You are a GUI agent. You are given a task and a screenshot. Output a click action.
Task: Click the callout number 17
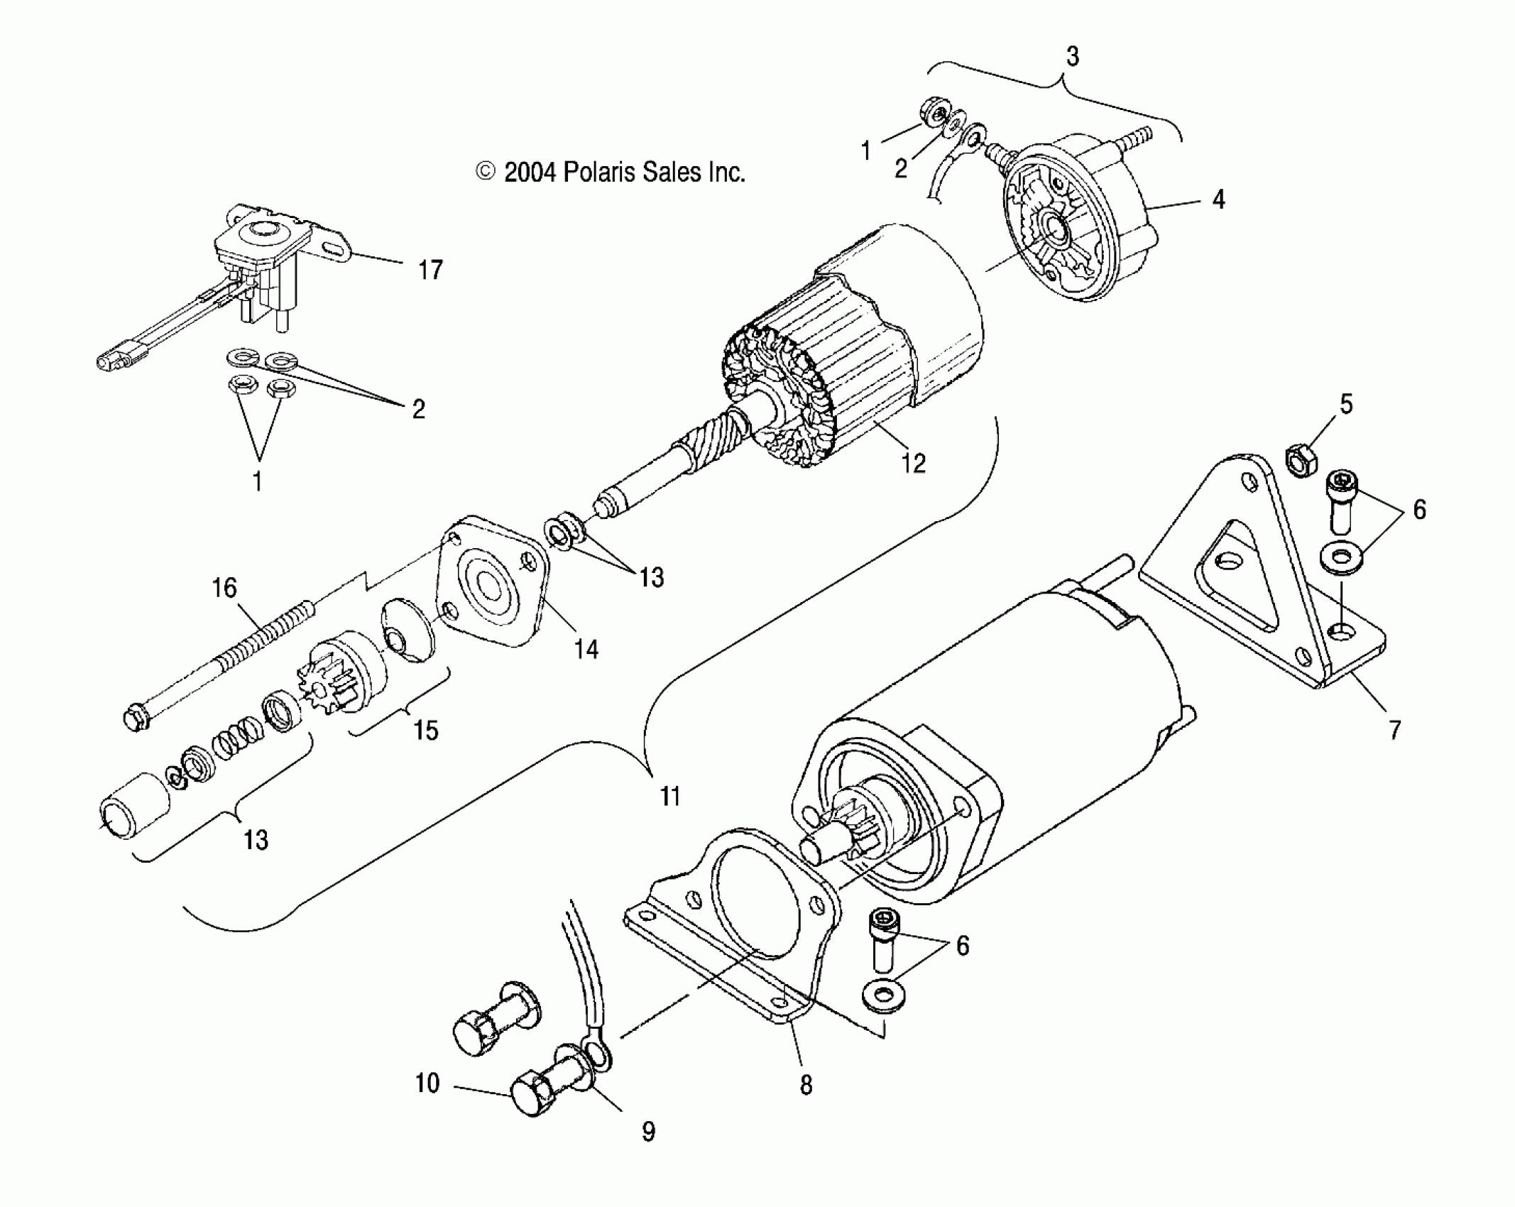[430, 271]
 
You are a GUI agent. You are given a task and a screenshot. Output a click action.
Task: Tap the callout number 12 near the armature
[913, 463]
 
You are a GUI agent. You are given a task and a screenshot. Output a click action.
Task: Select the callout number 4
[1218, 200]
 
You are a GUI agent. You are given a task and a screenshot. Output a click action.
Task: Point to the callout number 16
[225, 589]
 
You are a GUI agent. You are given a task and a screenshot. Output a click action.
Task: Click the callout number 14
[586, 648]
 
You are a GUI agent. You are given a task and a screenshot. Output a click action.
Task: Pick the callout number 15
[426, 730]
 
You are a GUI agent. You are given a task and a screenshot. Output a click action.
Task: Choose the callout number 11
[670, 796]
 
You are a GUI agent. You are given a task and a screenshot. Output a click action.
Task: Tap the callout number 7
[1394, 729]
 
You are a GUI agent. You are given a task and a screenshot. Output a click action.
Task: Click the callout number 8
[806, 1085]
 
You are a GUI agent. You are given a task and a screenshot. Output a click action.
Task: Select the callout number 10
[427, 1083]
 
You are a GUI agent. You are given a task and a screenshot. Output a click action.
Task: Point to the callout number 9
[647, 1132]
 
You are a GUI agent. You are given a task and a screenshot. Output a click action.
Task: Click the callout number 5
[1346, 404]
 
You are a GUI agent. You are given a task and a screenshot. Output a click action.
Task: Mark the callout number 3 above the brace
[1073, 56]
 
